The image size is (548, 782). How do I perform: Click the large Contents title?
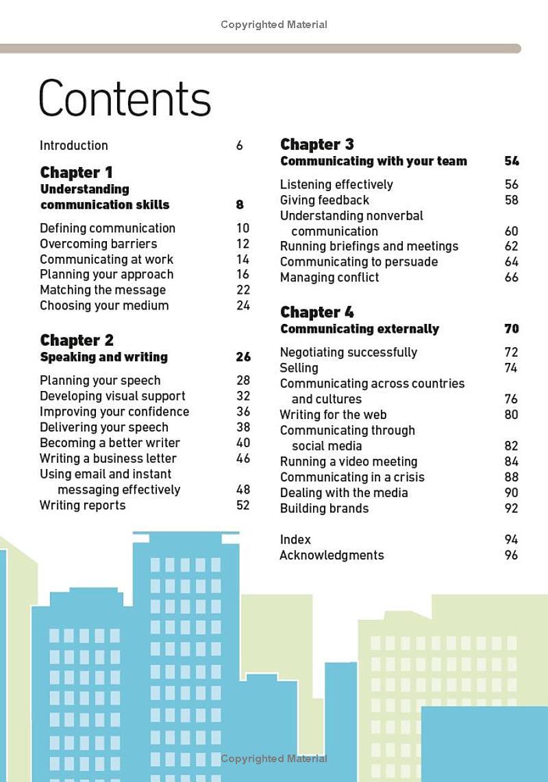pos(125,99)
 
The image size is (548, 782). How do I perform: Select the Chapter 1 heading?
pos(76,173)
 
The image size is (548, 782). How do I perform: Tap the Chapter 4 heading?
pos(316,312)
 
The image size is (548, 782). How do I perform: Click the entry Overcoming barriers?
pos(98,244)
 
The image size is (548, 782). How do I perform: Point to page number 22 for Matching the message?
pos(242,290)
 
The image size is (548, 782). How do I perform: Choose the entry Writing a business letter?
pos(108,458)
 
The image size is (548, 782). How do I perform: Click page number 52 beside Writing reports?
pos(242,505)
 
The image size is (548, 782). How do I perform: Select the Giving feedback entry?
pos(324,200)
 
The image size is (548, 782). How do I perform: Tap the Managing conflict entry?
pos(329,277)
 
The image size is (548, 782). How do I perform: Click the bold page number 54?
pos(511,162)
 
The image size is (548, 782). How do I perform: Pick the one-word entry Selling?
pos(299,368)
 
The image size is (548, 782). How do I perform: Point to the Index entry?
pos(295,540)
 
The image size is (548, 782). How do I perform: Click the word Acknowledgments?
pos(332,555)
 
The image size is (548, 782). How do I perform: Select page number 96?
pos(511,555)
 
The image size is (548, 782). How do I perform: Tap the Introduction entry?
pos(73,145)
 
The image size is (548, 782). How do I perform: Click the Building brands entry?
pos(324,508)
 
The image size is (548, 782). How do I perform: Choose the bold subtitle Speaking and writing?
pos(103,357)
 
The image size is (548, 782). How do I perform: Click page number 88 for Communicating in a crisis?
pos(511,477)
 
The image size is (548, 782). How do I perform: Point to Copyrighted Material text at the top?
pos(273,25)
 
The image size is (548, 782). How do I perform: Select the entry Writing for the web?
pos(333,414)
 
